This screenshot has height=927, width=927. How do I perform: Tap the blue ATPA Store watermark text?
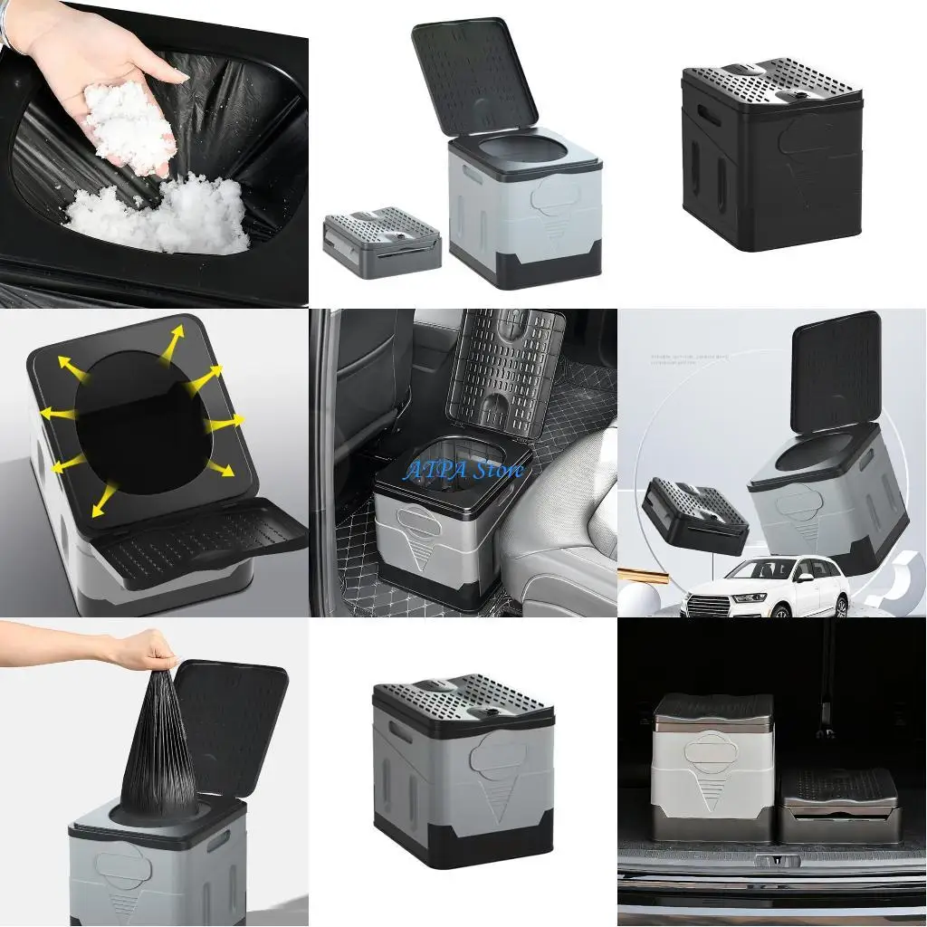(463, 470)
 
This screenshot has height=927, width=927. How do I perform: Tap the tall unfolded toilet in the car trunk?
(712, 765)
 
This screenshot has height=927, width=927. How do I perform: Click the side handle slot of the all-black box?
(710, 117)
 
